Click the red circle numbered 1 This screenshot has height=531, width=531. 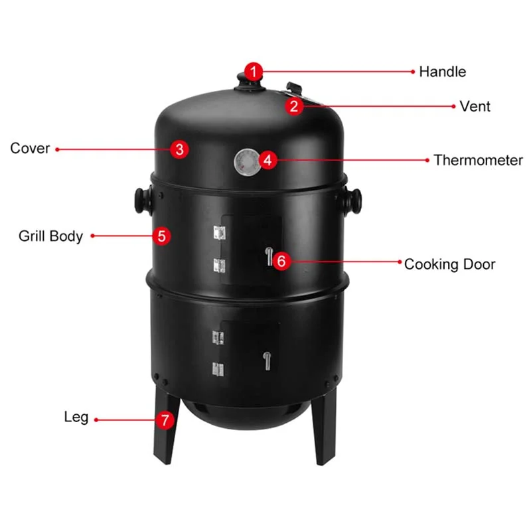coord(254,71)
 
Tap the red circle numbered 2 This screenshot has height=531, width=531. coord(296,106)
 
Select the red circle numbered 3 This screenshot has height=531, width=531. coord(179,149)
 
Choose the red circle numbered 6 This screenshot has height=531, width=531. coord(281,261)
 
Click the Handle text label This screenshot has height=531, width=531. coord(442,72)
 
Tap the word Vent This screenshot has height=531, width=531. coord(475,106)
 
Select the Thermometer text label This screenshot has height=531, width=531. coord(478,160)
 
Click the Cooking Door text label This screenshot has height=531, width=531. coord(449,264)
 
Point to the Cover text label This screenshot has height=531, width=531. coord(30,149)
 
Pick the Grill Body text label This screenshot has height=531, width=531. coord(50,236)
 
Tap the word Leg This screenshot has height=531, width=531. coord(76,418)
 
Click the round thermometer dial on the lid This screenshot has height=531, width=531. coord(246,161)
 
